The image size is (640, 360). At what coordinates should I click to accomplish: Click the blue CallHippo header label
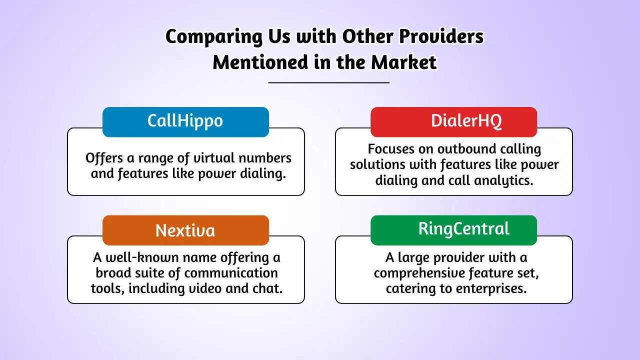click(185, 121)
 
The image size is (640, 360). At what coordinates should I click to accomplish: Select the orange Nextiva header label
click(185, 230)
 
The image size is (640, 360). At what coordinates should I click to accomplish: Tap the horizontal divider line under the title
click(328, 82)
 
